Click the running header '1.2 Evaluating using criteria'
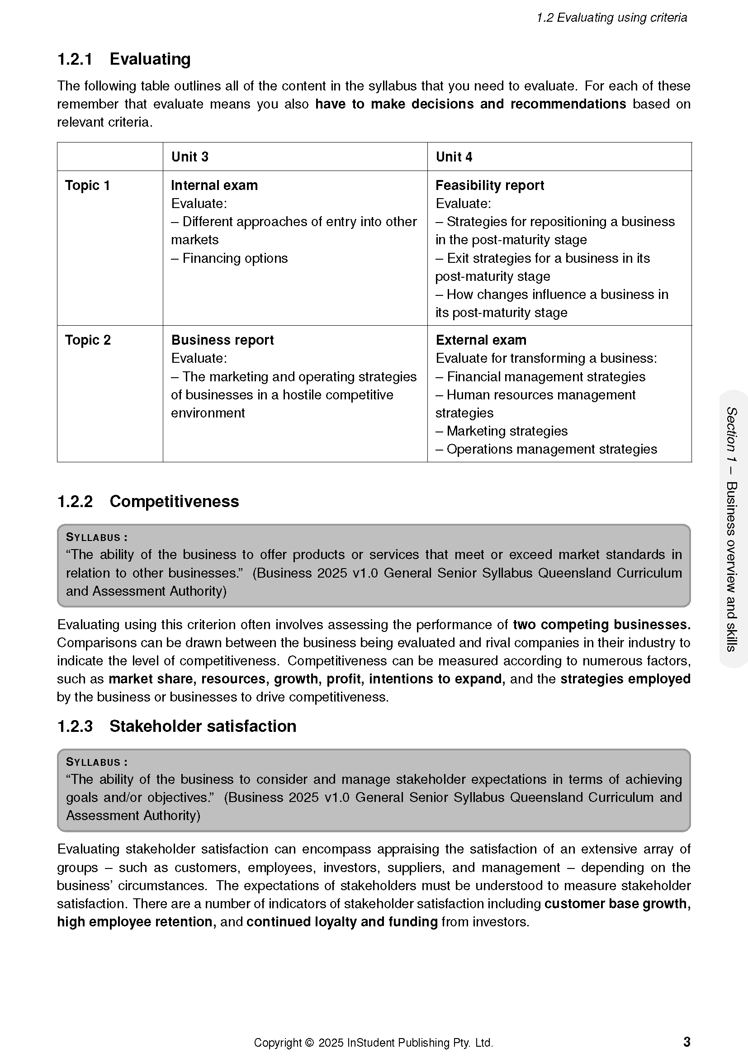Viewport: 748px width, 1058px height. [611, 18]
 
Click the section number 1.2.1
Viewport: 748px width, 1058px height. [75, 59]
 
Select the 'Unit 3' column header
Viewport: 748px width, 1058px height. [190, 157]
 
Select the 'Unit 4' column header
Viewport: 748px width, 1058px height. [454, 157]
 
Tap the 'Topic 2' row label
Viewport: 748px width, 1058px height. [88, 340]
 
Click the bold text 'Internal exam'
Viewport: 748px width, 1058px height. [214, 185]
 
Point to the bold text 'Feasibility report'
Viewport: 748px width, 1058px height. [490, 185]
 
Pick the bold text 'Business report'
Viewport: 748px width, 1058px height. [223, 340]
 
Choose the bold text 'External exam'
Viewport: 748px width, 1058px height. [481, 340]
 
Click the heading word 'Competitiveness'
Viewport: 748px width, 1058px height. [174, 501]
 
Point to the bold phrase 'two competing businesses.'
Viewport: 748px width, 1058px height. [601, 624]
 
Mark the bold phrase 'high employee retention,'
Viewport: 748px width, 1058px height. [136, 921]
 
